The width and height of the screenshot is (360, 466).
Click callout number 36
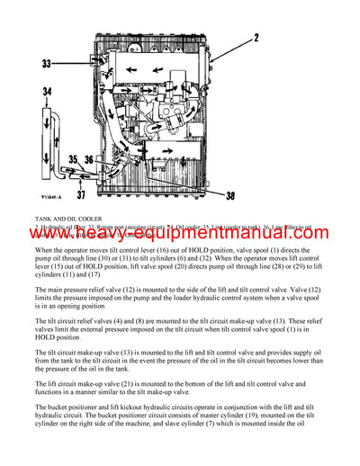click(x=89, y=159)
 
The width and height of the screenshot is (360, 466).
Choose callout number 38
click(x=231, y=195)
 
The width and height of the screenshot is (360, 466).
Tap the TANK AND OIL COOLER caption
click(x=67, y=218)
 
